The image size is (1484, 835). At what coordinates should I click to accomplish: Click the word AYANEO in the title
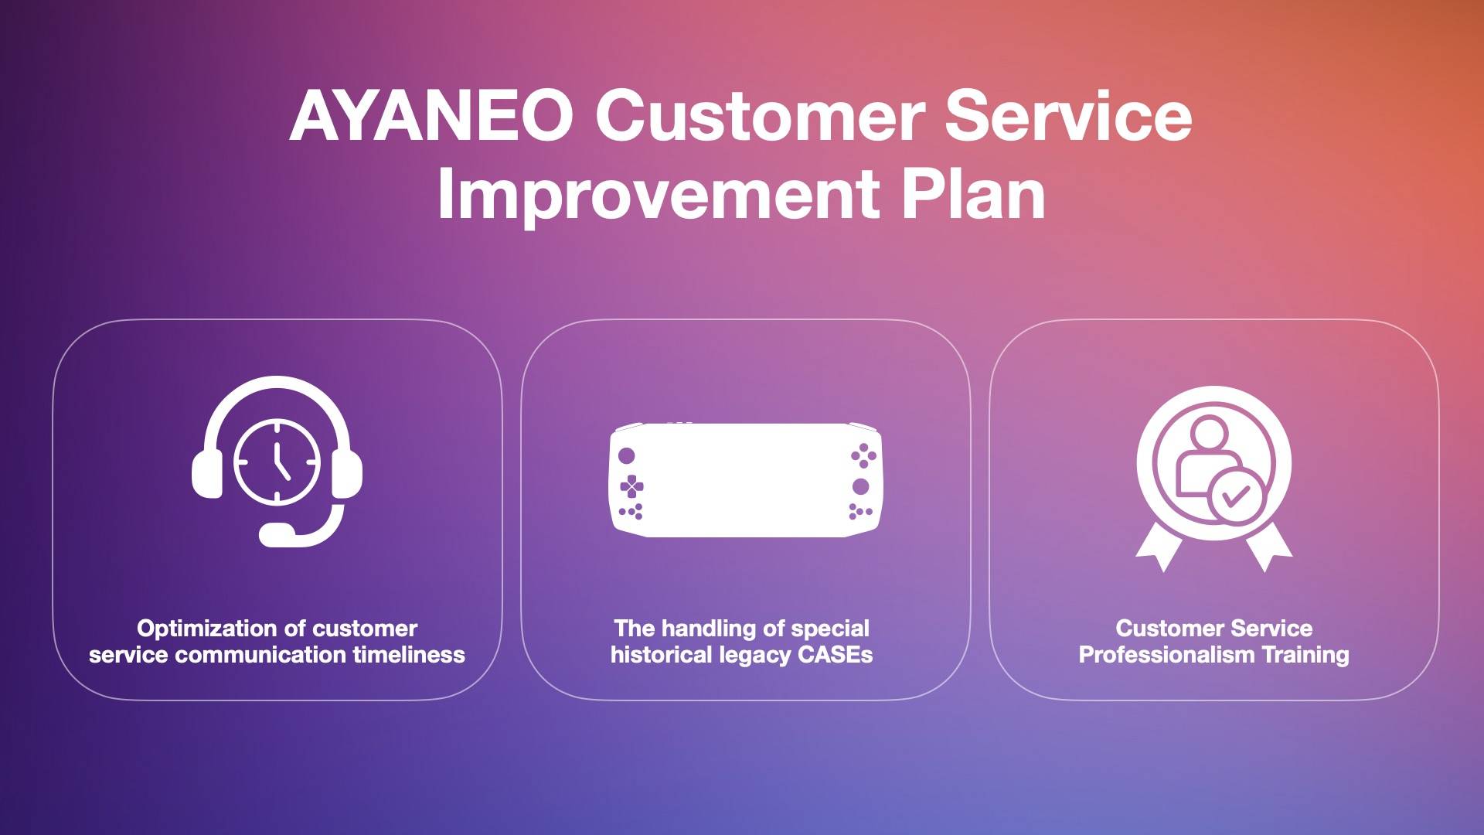(x=431, y=115)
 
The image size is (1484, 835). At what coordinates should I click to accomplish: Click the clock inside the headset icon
(x=277, y=462)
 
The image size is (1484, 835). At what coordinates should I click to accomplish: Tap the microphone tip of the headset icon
(x=277, y=534)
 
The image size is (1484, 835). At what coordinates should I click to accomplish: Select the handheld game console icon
(x=745, y=479)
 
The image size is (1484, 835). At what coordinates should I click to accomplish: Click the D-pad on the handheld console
(x=631, y=486)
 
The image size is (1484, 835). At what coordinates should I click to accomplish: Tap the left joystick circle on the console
(x=627, y=455)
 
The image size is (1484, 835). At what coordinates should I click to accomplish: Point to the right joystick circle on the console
(x=860, y=486)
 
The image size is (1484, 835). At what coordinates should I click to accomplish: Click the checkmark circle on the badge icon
(x=1237, y=496)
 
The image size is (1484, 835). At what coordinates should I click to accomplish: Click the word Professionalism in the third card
(x=1166, y=655)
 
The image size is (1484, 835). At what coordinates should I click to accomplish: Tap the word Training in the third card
(x=1305, y=656)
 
